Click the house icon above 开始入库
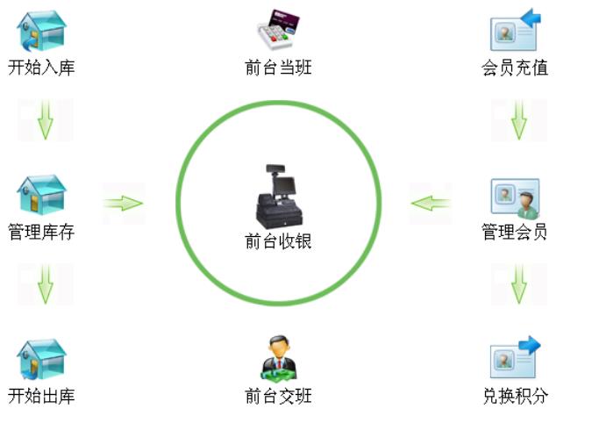(x=41, y=31)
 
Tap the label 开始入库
(x=41, y=68)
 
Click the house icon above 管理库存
(x=41, y=195)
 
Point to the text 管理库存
(x=41, y=233)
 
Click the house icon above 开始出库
(x=41, y=359)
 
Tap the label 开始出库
(x=41, y=397)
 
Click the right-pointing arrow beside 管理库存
(x=123, y=204)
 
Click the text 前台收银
(x=278, y=241)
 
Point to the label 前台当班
(x=278, y=68)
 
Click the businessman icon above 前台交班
(x=278, y=357)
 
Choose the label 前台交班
(x=278, y=397)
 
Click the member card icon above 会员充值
(x=515, y=31)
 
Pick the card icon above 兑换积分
(x=515, y=358)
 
